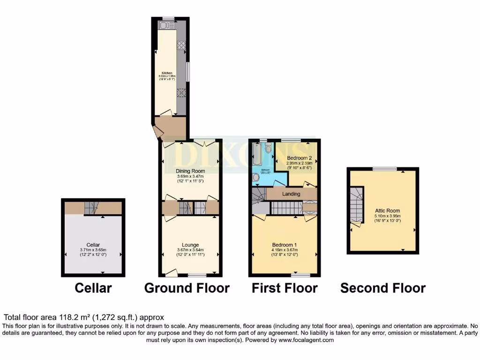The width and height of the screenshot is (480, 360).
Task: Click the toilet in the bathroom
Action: tap(268, 149)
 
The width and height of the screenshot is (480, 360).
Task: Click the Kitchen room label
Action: tap(167, 73)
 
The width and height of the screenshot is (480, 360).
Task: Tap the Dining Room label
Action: tap(190, 172)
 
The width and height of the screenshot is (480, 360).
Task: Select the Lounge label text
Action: tap(190, 245)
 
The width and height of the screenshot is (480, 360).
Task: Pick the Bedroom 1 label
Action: tap(285, 245)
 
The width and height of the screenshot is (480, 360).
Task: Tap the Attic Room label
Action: tap(388, 211)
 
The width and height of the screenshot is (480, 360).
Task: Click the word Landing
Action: tap(291, 194)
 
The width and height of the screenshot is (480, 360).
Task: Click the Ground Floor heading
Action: tap(187, 287)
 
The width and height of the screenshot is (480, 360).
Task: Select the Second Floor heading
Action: tap(383, 287)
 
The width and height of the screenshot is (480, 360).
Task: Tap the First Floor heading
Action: tap(285, 287)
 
